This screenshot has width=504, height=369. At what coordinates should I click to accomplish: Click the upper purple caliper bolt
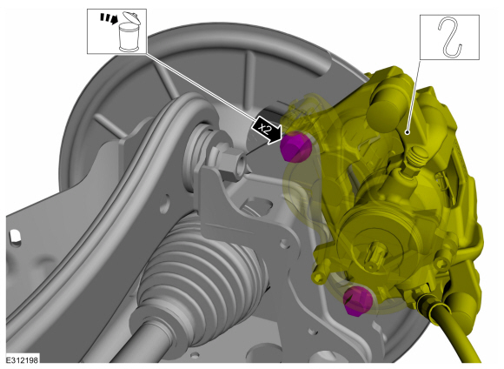(295, 147)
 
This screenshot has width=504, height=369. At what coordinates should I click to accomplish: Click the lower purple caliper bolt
(357, 301)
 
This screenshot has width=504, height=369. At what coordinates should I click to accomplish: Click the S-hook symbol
(450, 37)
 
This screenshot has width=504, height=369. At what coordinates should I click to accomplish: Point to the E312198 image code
(23, 359)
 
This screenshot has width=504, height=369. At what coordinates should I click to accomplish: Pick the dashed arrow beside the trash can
(109, 18)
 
